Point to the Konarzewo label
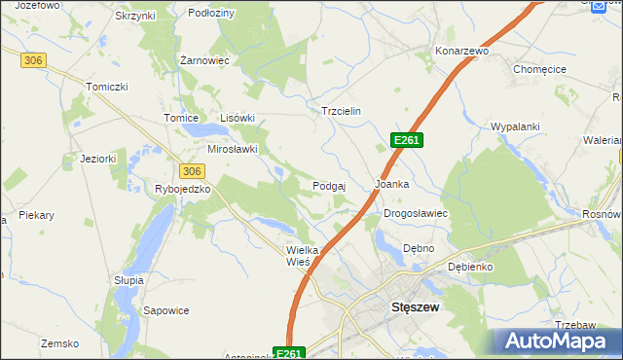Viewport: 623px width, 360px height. tap(460, 50)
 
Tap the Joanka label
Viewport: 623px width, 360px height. tap(391, 183)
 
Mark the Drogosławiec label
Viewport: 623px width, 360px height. tap(415, 212)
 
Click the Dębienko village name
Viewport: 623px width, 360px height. tap(470, 266)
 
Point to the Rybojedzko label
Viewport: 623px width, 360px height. tap(183, 189)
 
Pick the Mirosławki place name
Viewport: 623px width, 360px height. tap(233, 149)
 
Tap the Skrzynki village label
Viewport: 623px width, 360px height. tap(135, 17)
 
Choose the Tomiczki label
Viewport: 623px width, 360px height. tap(107, 87)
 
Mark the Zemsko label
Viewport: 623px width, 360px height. tap(58, 342)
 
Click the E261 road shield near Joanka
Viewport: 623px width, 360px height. tap(406, 141)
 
